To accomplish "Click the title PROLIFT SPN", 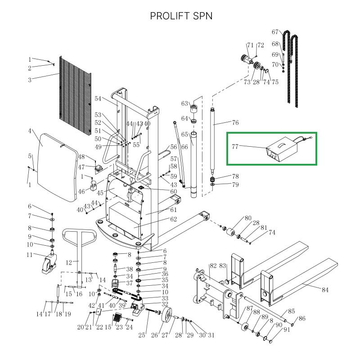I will (181, 16).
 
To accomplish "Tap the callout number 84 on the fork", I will (325, 290).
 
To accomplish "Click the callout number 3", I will (30, 80).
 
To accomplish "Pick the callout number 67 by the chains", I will (276, 32).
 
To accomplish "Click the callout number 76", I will (235, 122).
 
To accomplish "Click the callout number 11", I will (29, 255).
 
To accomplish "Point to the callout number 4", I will (30, 131).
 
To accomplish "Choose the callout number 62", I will (173, 220).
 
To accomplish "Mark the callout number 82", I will (213, 266).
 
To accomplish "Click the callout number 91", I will (286, 331).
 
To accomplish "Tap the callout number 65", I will (184, 134).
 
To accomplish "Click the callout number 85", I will (292, 311).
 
